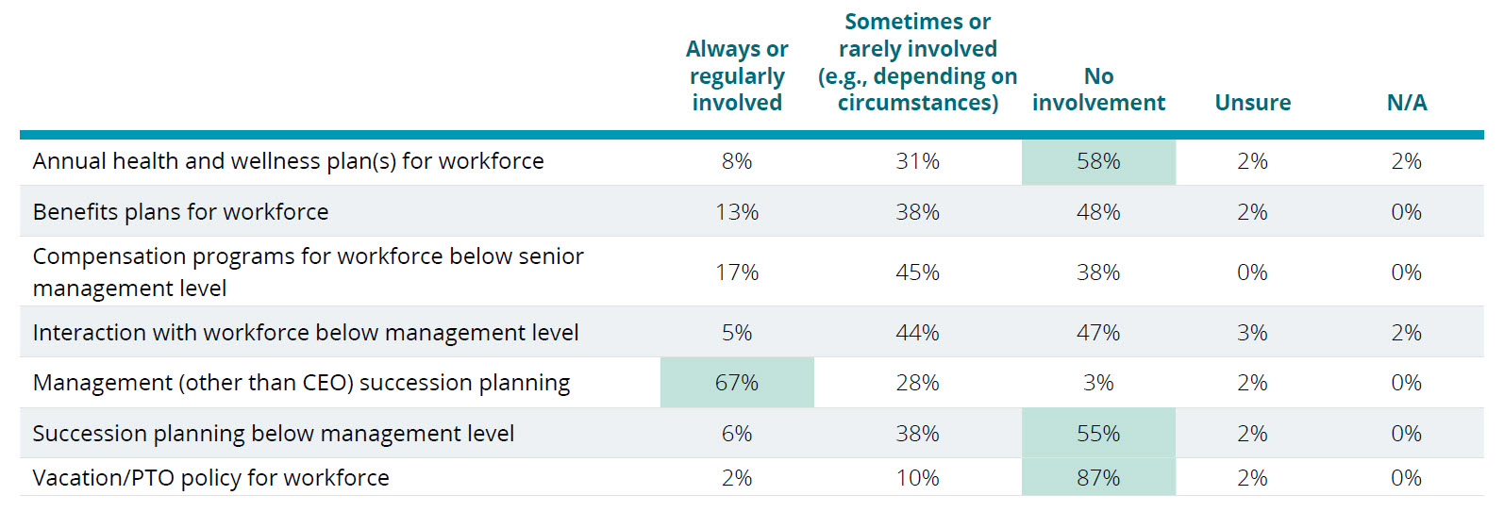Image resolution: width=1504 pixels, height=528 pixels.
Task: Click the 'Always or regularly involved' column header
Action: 737,75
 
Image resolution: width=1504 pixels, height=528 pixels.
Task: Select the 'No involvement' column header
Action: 1098,90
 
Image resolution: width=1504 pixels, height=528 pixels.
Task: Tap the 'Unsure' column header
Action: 1252,103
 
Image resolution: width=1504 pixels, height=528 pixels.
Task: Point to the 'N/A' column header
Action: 1406,103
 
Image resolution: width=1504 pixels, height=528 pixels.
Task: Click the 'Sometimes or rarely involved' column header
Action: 917,62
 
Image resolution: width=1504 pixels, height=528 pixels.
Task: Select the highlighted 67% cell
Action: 737,383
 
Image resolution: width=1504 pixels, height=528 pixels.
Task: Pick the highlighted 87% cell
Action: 1098,478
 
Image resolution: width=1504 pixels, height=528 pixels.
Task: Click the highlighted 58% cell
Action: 1098,161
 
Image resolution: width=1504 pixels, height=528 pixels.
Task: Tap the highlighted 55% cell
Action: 1098,434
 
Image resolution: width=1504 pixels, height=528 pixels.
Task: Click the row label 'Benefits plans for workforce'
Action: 180,212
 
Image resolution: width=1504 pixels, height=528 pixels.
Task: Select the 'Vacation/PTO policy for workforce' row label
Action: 210,478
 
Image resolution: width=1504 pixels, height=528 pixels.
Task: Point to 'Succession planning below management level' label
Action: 273,434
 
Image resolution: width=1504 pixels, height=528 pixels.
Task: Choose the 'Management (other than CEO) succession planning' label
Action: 301,383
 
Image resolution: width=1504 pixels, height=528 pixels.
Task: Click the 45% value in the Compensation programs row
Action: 917,272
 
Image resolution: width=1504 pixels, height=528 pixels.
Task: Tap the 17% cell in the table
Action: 737,272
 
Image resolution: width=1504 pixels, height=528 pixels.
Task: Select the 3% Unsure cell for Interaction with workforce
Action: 1252,333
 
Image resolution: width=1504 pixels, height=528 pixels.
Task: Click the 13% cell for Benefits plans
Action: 737,212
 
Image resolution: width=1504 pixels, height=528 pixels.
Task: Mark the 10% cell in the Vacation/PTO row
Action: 917,478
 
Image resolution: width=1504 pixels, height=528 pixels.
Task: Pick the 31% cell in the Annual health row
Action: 917,161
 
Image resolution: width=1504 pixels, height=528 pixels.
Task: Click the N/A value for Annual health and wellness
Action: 1406,161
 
